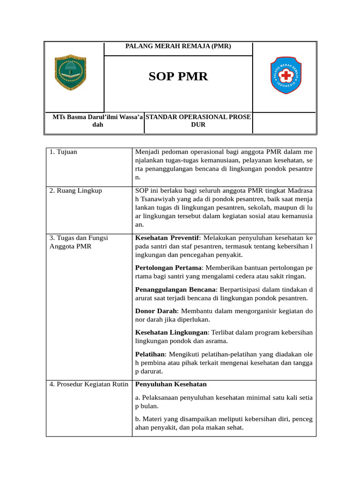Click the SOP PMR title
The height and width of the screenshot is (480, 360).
click(178, 76)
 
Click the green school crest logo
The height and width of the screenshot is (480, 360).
click(70, 73)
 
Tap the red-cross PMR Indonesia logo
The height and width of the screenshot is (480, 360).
click(286, 75)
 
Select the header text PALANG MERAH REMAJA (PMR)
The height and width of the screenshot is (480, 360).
click(178, 47)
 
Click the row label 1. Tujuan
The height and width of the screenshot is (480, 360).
click(64, 152)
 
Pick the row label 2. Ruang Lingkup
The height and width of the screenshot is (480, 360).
click(75, 191)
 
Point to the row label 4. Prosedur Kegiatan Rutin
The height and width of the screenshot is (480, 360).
click(89, 384)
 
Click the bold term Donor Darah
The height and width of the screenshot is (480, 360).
click(155, 311)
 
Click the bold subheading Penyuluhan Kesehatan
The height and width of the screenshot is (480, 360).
click(171, 384)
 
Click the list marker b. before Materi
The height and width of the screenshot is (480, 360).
click(138, 419)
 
